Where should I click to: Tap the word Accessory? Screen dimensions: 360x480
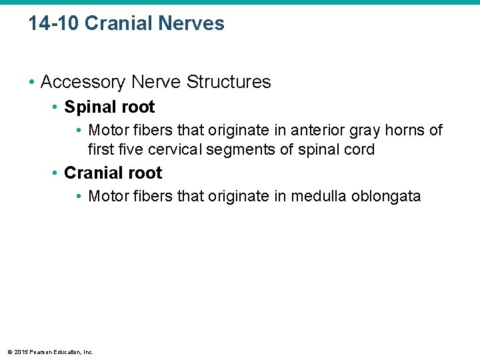83,82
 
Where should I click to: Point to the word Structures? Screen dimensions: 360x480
229,82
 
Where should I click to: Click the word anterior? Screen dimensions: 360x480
315,130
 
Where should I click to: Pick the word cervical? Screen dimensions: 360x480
176,149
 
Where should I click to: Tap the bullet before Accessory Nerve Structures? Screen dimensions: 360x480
32,83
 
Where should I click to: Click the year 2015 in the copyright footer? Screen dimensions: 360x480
21,352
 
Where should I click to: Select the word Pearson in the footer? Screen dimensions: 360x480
41,352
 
